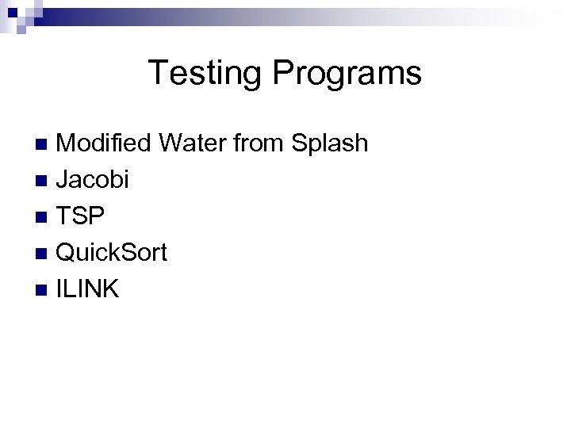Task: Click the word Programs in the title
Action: pyautogui.click(x=347, y=74)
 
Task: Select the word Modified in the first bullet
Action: pyautogui.click(x=105, y=143)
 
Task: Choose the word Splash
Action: pyautogui.click(x=330, y=143)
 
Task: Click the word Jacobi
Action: pyautogui.click(x=93, y=180)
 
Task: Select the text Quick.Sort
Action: pyautogui.click(x=112, y=254)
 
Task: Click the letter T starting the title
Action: pyautogui.click(x=158, y=73)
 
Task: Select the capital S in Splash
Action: pyautogui.click(x=301, y=143)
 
